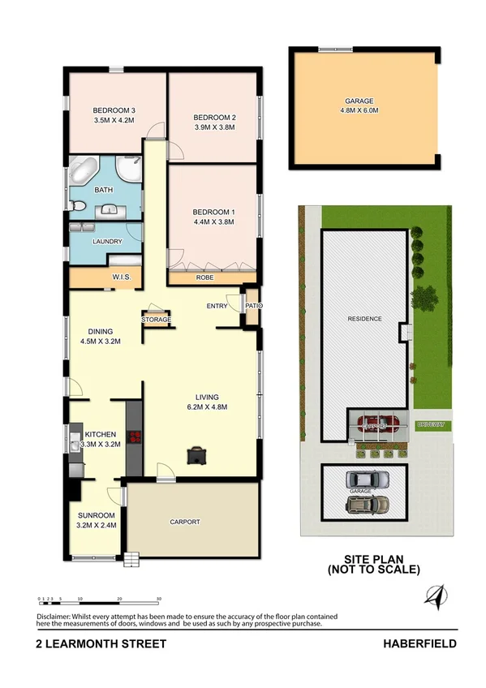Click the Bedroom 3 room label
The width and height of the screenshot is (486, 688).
pos(114,111)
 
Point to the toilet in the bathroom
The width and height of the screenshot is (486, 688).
pos(75,208)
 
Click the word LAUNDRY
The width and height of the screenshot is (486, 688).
pos(107,242)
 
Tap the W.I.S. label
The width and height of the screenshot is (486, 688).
pos(122,277)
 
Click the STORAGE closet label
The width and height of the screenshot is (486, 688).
pos(157,320)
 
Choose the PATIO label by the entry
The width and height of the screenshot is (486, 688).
pos(254,306)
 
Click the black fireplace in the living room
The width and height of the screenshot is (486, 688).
pos(196,455)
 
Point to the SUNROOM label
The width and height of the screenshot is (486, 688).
pos(97,515)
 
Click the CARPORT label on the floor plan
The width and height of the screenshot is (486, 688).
pos(184,522)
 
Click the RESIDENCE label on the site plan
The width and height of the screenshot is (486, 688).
pos(364,319)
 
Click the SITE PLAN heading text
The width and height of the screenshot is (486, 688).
pos(373,559)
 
